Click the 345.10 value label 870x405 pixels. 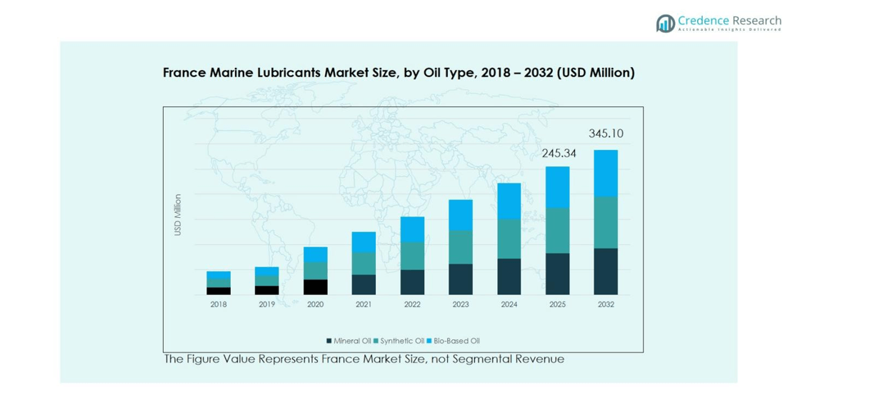pyautogui.click(x=606, y=134)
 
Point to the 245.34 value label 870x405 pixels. pyautogui.click(x=559, y=153)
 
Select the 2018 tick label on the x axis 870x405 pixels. pyautogui.click(x=219, y=304)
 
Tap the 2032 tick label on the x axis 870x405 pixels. pyautogui.click(x=606, y=304)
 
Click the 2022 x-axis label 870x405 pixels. pyautogui.click(x=412, y=304)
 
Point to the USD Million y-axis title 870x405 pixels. pyautogui.click(x=178, y=214)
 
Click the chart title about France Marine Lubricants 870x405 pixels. pyautogui.click(x=399, y=73)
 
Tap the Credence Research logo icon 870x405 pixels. pyautogui.click(x=665, y=24)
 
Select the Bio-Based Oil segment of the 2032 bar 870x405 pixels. pyautogui.click(x=606, y=174)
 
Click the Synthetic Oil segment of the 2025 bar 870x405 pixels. pyautogui.click(x=558, y=231)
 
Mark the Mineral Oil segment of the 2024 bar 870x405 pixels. pyautogui.click(x=509, y=276)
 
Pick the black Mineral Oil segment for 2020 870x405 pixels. pyautogui.click(x=316, y=286)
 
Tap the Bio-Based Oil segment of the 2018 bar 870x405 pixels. pyautogui.click(x=219, y=275)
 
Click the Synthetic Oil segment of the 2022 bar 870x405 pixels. pyautogui.click(x=412, y=256)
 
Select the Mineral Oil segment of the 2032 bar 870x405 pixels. pyautogui.click(x=606, y=271)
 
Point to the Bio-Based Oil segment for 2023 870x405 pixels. pyautogui.click(x=461, y=215)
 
